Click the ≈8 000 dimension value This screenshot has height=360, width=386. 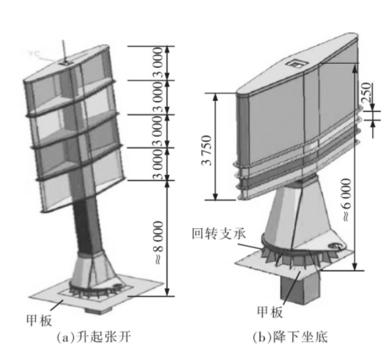click(159, 242)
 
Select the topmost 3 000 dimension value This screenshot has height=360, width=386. click(159, 63)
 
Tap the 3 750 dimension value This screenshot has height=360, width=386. click(207, 150)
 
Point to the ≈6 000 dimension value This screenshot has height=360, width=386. click(347, 200)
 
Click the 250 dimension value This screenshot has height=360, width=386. click(367, 92)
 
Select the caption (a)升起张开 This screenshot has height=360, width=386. click(93, 337)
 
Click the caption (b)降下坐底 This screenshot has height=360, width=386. click(291, 337)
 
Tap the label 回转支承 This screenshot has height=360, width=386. click(219, 233)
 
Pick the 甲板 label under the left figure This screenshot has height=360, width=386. click(40, 320)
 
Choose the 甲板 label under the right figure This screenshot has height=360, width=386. click(270, 312)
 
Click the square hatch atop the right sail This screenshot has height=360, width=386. click(297, 64)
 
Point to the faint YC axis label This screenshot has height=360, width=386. click(34, 53)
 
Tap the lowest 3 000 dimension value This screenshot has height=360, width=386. click(159, 164)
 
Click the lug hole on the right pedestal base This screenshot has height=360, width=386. click(335, 245)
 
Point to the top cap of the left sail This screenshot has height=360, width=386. click(67, 64)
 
